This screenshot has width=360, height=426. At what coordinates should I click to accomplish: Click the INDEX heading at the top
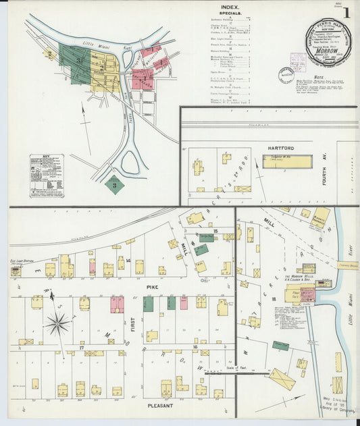pyautogui.click(x=229, y=7)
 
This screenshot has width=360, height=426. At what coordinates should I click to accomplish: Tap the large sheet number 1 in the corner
pyautogui.click(x=345, y=12)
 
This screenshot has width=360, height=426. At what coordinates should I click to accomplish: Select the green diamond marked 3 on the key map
pyautogui.click(x=115, y=184)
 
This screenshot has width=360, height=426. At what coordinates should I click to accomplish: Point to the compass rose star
pyautogui.click(x=58, y=324)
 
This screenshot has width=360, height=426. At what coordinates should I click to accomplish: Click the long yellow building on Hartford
pyautogui.click(x=287, y=162)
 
